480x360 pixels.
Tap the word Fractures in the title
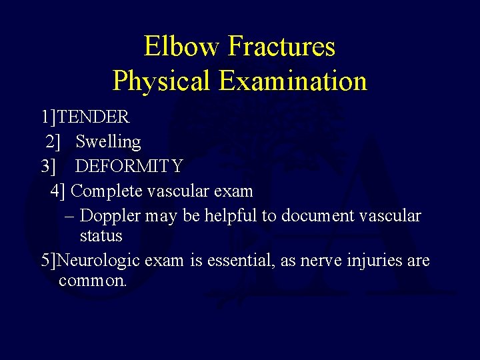click(x=281, y=47)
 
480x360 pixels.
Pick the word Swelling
click(x=108, y=141)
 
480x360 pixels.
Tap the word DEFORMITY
click(x=129, y=165)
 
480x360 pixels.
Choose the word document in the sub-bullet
click(x=318, y=215)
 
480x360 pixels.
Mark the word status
click(x=101, y=235)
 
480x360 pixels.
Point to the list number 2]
click(x=54, y=141)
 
